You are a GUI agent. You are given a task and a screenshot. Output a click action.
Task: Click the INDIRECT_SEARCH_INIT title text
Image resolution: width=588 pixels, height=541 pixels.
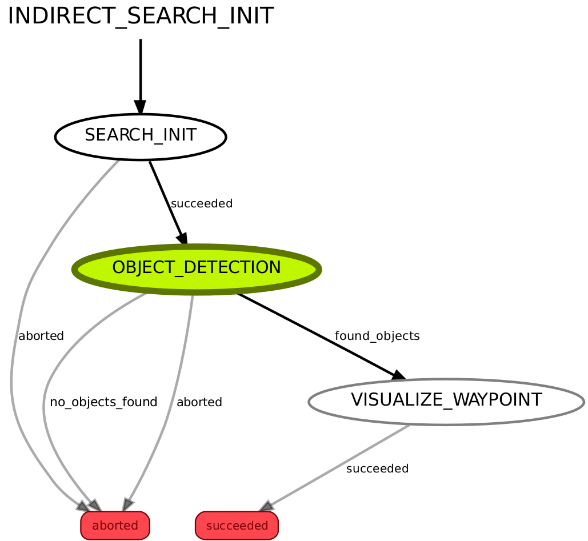(x=140, y=17)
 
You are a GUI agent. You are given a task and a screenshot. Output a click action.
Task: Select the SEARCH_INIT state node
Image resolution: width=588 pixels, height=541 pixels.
(x=140, y=136)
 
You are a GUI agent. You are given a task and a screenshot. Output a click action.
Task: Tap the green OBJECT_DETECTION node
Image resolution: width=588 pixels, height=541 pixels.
(x=197, y=268)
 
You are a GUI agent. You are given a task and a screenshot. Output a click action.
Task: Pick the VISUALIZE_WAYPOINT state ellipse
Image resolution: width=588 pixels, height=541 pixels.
(x=446, y=400)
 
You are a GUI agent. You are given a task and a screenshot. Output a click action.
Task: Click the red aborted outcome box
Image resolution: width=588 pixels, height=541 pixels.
(x=115, y=526)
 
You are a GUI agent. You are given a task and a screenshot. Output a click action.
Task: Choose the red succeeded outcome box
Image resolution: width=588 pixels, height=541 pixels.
(x=237, y=526)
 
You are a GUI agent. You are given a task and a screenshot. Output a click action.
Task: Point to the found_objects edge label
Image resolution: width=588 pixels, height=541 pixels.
(x=377, y=336)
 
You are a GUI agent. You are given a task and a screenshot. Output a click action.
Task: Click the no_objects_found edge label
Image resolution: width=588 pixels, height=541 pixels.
(x=103, y=402)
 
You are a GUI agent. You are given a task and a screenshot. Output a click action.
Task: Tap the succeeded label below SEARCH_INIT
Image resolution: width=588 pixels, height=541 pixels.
(x=202, y=203)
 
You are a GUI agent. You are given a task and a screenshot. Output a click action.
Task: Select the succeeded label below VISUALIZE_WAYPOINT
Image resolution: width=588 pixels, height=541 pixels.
(x=377, y=469)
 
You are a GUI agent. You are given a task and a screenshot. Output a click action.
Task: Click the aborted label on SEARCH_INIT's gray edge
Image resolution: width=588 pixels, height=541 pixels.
(x=41, y=336)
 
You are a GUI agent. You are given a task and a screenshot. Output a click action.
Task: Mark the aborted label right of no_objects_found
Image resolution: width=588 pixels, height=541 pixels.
(x=199, y=402)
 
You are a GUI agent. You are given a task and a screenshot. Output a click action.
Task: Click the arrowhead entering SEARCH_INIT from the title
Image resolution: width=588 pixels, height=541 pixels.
(x=140, y=107)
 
